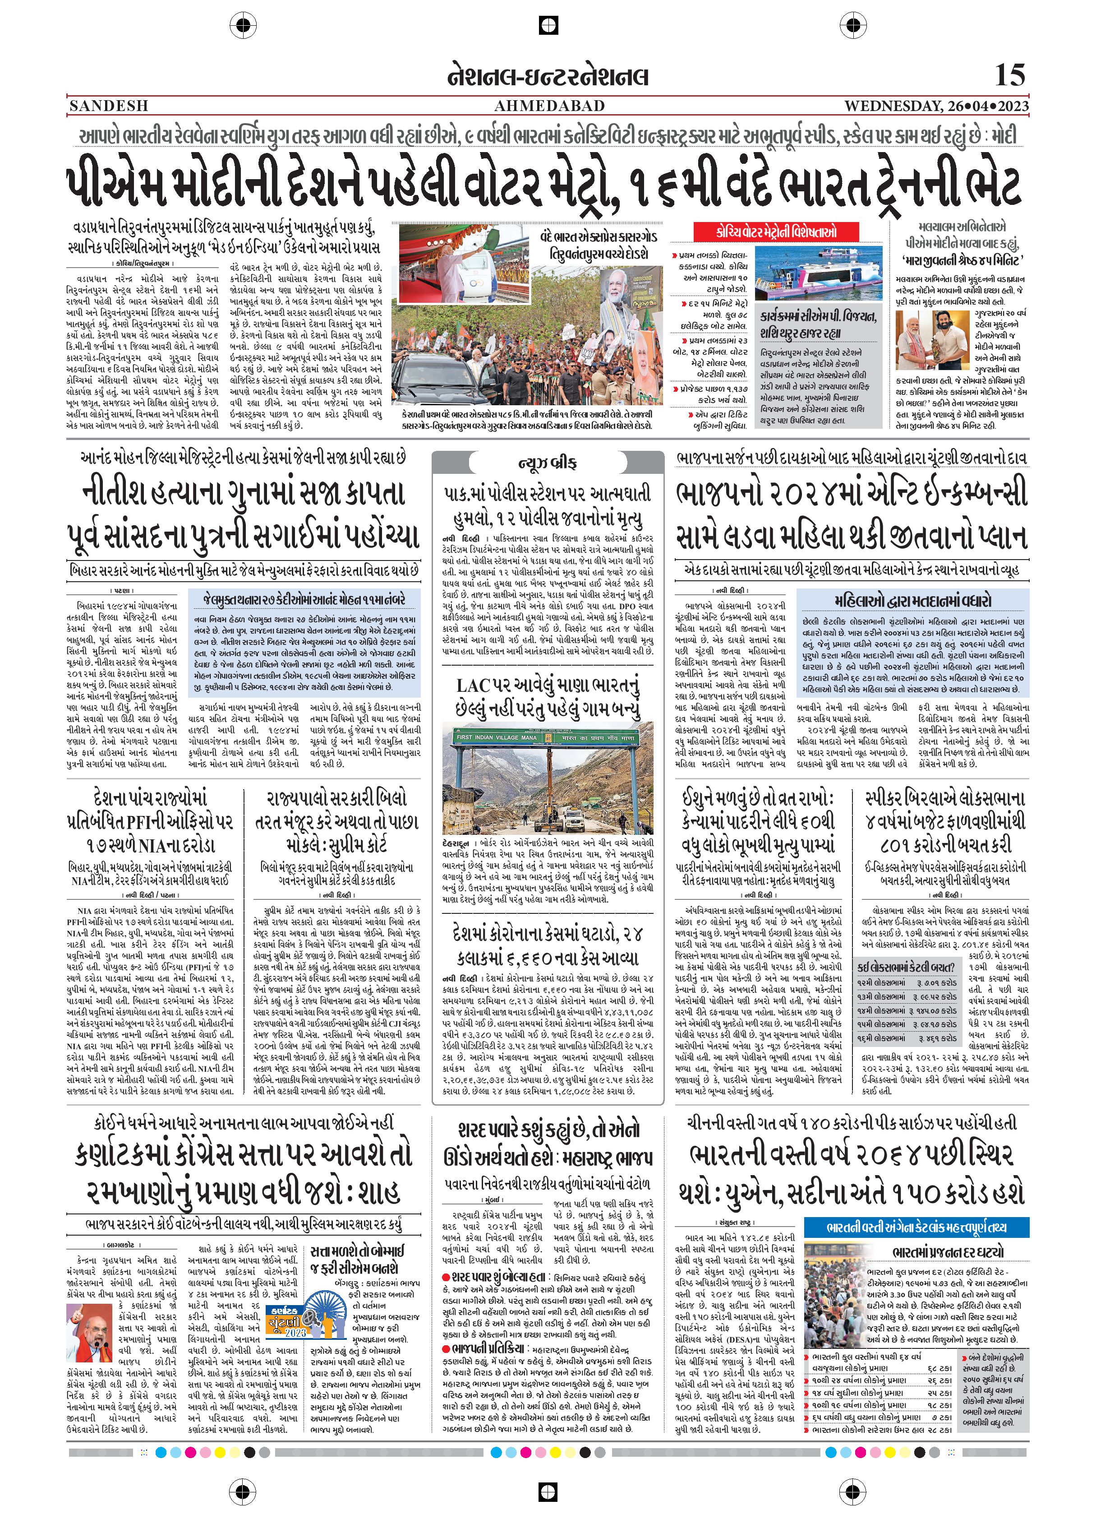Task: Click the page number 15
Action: pyautogui.click(x=1010, y=74)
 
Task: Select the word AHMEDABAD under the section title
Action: pyautogui.click(x=549, y=106)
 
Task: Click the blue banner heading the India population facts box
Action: pyautogui.click(x=916, y=1227)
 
